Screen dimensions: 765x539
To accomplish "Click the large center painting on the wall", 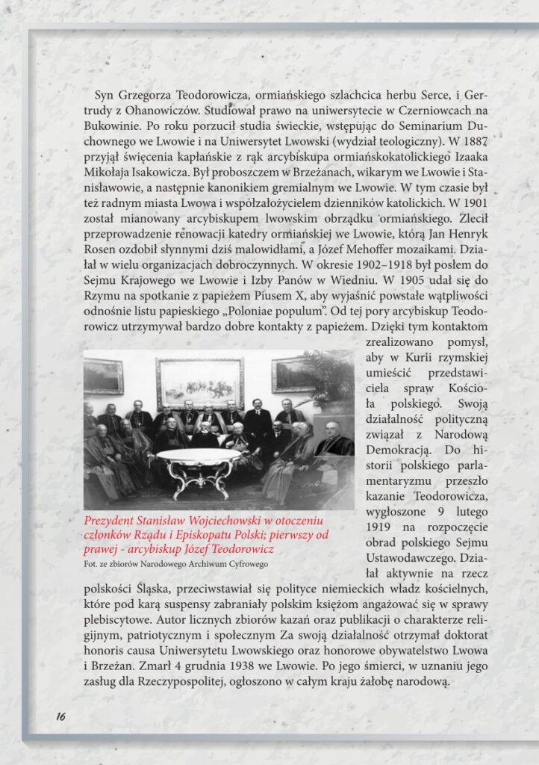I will pos(199,382).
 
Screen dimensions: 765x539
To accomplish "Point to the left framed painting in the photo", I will pos(103,377).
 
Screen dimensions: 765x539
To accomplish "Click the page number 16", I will pos(60,716).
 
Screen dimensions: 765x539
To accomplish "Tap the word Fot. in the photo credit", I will pos(91,564).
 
